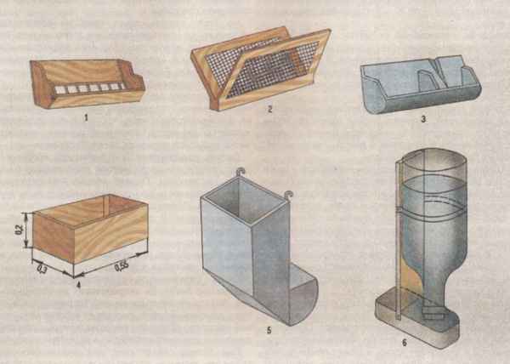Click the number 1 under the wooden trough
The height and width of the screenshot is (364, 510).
click(x=86, y=117)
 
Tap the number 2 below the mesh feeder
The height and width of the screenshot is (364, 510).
click(x=269, y=110)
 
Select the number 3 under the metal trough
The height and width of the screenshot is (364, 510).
click(x=423, y=119)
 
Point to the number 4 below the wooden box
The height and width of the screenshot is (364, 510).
click(x=78, y=285)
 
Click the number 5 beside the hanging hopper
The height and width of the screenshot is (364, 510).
click(x=269, y=330)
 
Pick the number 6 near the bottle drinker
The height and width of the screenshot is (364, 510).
click(x=405, y=343)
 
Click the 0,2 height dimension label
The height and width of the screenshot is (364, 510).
click(x=20, y=230)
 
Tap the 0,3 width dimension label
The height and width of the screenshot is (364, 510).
click(x=42, y=270)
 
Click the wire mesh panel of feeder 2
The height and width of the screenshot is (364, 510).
click(x=273, y=70)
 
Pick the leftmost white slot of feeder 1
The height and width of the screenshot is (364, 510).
click(x=59, y=90)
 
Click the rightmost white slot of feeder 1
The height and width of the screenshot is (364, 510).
click(x=121, y=86)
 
